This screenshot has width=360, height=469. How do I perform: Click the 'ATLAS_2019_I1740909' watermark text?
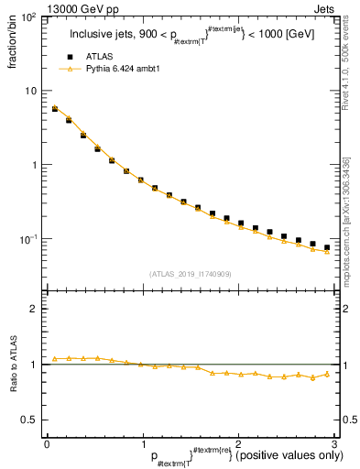pyautogui.click(x=190, y=273)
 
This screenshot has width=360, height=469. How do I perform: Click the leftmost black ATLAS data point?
pyautogui.click(x=55, y=109)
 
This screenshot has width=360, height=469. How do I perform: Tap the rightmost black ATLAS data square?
pyautogui.click(x=326, y=247)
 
